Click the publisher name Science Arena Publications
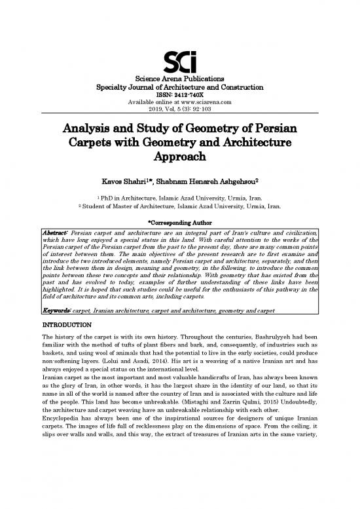click(179, 80)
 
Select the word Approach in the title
click(179, 157)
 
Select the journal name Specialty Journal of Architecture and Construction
click(179, 87)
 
